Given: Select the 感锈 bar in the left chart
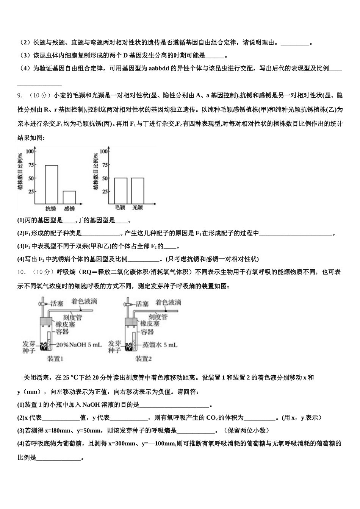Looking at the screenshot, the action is point(69,197).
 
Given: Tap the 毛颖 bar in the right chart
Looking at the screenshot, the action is point(121,191).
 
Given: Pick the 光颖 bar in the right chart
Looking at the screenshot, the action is point(138,191).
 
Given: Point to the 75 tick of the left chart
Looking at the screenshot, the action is point(31,165).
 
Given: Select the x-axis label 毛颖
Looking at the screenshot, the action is point(121,208).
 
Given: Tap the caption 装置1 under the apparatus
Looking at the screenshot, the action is point(55,359).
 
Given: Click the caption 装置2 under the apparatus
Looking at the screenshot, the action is point(144,359).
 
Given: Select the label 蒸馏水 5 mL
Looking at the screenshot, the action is point(160,345).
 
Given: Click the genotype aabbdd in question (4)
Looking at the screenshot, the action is point(161,69).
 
